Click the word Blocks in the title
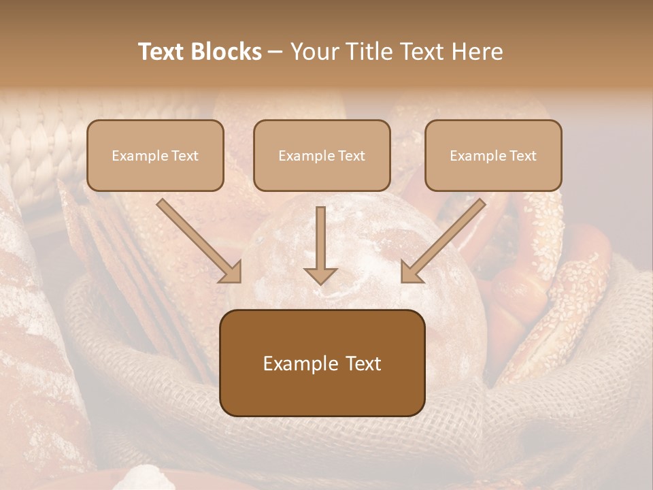click(x=226, y=52)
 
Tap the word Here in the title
click(x=477, y=52)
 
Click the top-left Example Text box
click(x=155, y=155)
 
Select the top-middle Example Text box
click(x=322, y=155)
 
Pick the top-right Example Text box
click(x=493, y=155)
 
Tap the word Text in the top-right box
click(x=522, y=156)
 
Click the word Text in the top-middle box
click(x=351, y=156)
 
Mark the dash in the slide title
click(x=275, y=52)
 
